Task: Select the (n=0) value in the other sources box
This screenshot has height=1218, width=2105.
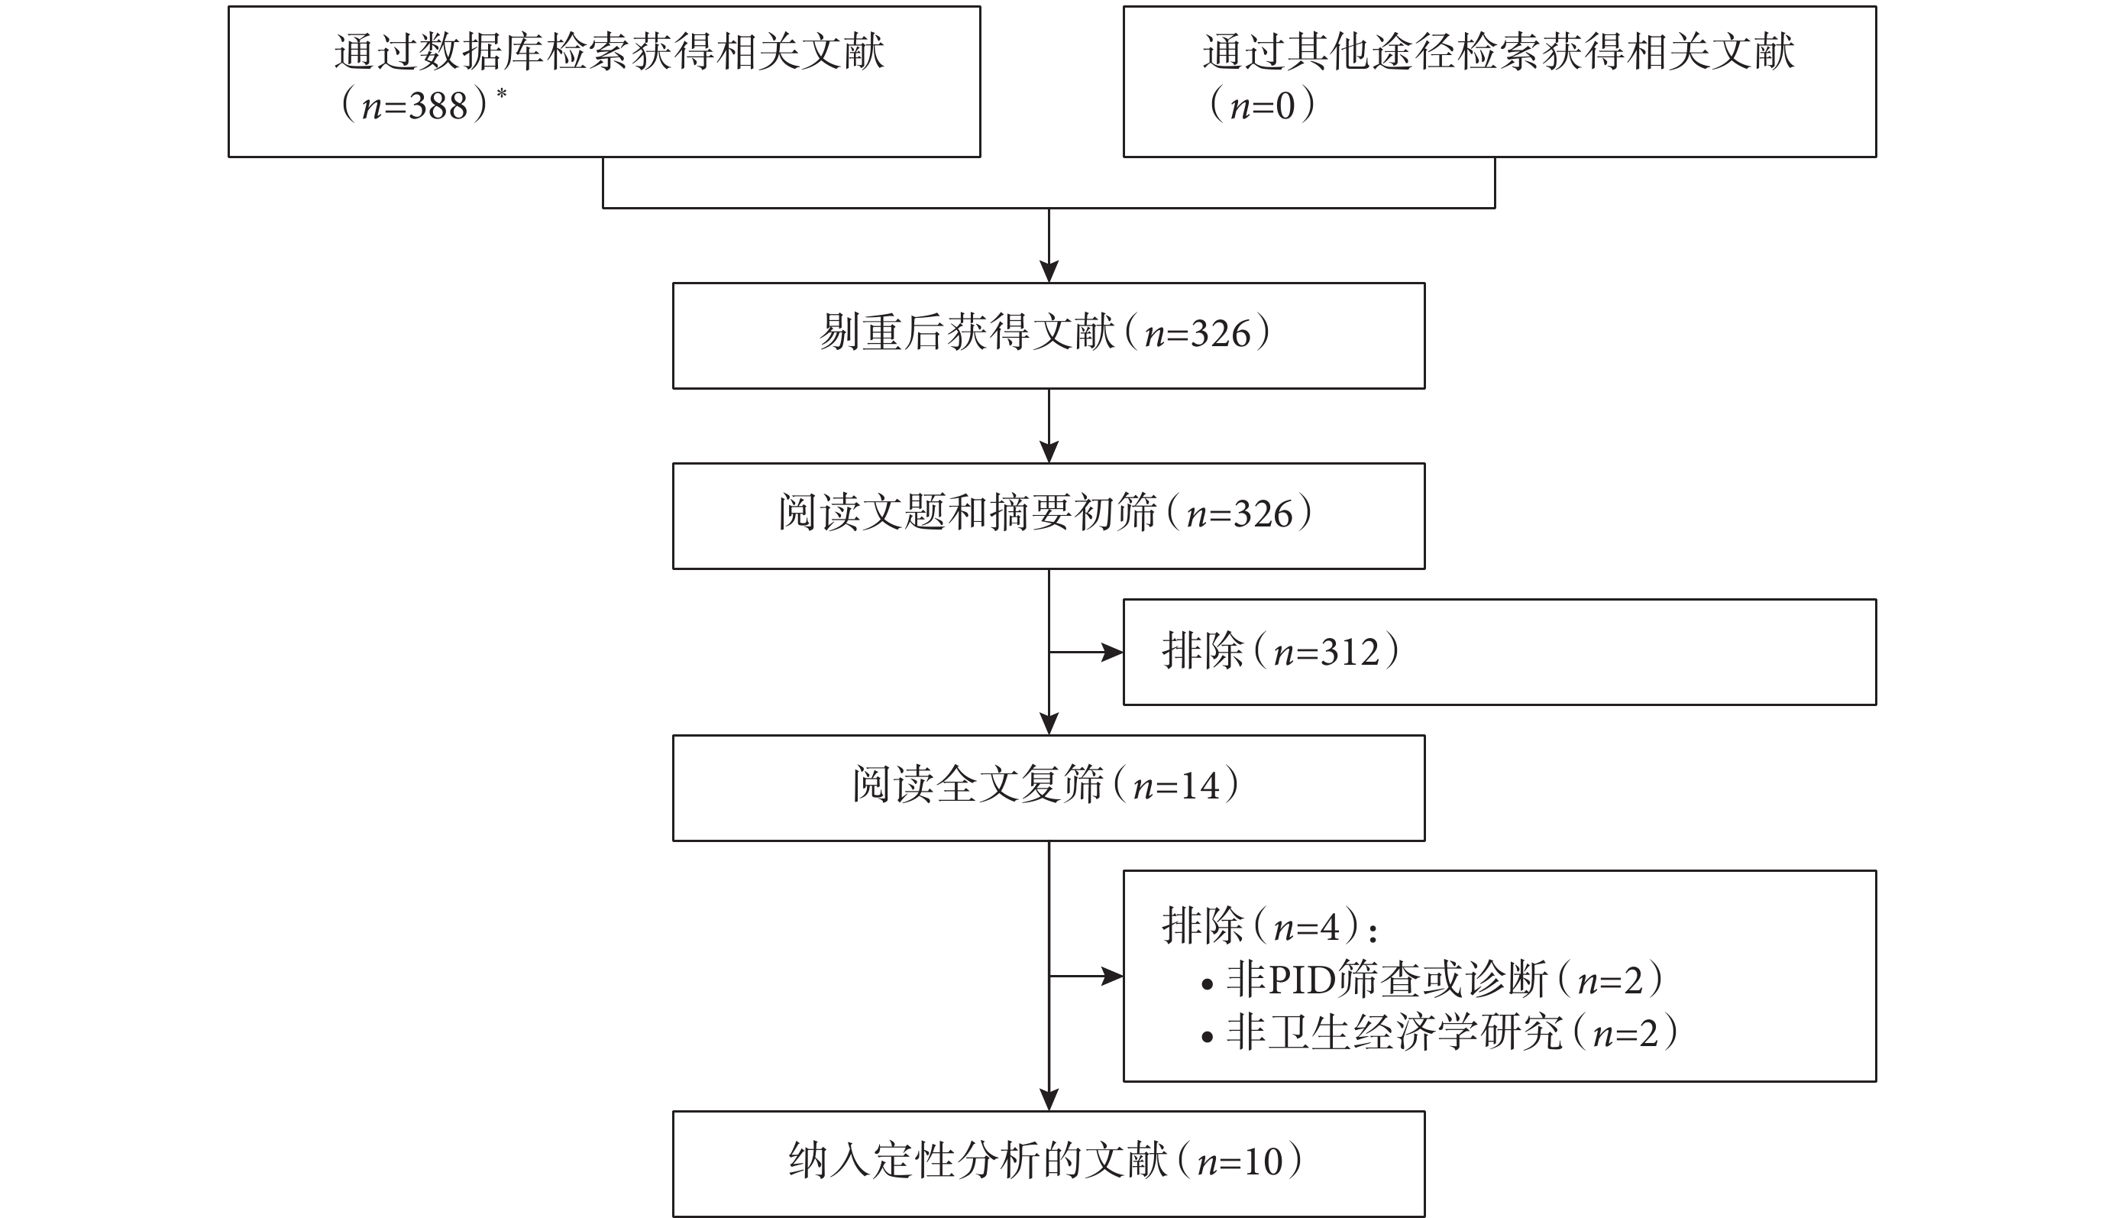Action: click(1263, 105)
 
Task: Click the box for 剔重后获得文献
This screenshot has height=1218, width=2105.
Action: click(1049, 335)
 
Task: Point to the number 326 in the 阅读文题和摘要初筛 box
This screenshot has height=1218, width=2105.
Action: click(1263, 513)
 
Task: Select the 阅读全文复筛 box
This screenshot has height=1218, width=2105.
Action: click(1049, 788)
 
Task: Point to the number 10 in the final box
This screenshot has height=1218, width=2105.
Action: click(1263, 1162)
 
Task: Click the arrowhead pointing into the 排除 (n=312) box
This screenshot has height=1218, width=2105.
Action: click(1113, 652)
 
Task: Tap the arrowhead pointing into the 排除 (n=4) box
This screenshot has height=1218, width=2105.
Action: click(1113, 976)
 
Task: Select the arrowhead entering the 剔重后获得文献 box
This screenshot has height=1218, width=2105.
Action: click(1049, 271)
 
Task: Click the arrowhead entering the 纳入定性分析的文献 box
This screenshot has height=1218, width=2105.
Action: click(1049, 1100)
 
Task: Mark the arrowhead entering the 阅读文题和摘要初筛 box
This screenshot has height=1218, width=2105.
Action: click(1049, 452)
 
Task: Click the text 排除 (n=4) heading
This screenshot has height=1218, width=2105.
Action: click(1269, 925)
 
